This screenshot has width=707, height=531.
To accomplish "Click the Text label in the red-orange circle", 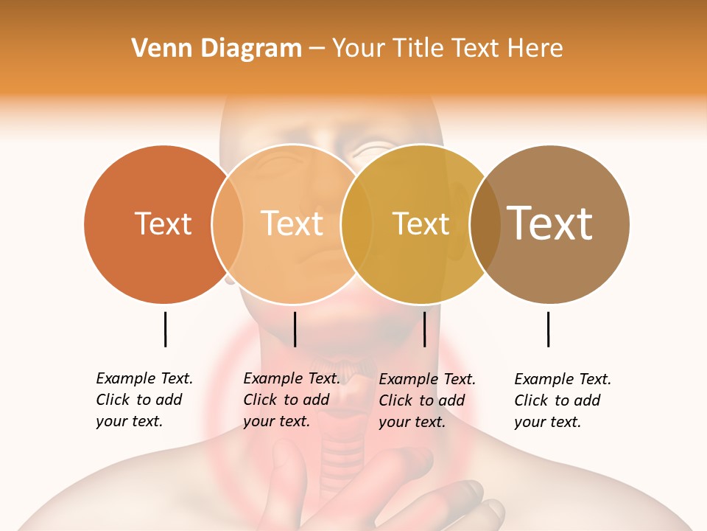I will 163,223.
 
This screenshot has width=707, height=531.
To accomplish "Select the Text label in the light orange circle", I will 292,223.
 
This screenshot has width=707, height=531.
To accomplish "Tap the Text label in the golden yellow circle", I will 421,223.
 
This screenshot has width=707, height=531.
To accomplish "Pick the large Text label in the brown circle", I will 550,223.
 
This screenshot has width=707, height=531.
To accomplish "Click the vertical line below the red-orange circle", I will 165,329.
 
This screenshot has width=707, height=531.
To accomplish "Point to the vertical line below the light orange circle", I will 295,329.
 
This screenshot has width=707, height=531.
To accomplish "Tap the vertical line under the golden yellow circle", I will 424,329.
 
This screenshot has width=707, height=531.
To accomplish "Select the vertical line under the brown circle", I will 548,329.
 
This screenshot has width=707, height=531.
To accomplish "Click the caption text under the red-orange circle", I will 144,400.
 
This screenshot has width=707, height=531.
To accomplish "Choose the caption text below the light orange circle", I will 292,400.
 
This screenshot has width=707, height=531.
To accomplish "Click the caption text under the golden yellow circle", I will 427,400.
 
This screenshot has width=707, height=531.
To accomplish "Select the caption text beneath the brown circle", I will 563,400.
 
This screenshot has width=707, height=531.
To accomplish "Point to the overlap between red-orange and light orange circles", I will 228,223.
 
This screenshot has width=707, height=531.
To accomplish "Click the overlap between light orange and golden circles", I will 357,223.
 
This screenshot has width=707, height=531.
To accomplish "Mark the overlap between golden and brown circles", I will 485,223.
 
